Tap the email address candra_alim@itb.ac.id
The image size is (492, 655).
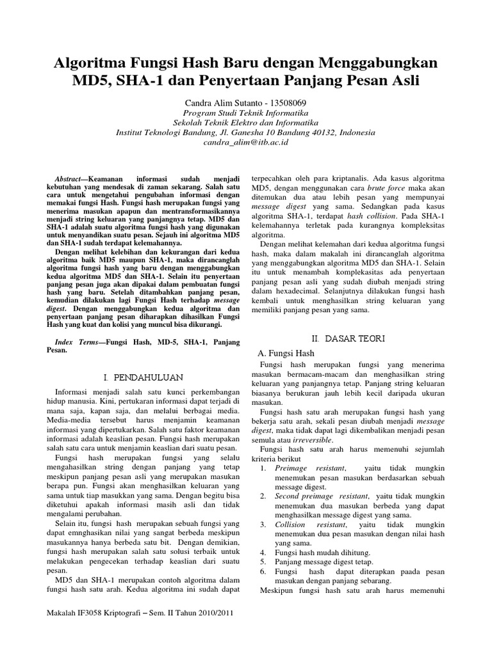click(x=245, y=142)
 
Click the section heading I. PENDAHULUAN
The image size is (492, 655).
click(x=143, y=378)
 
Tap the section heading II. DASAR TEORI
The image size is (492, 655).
click(x=348, y=338)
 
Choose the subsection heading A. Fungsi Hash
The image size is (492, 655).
click(x=285, y=352)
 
